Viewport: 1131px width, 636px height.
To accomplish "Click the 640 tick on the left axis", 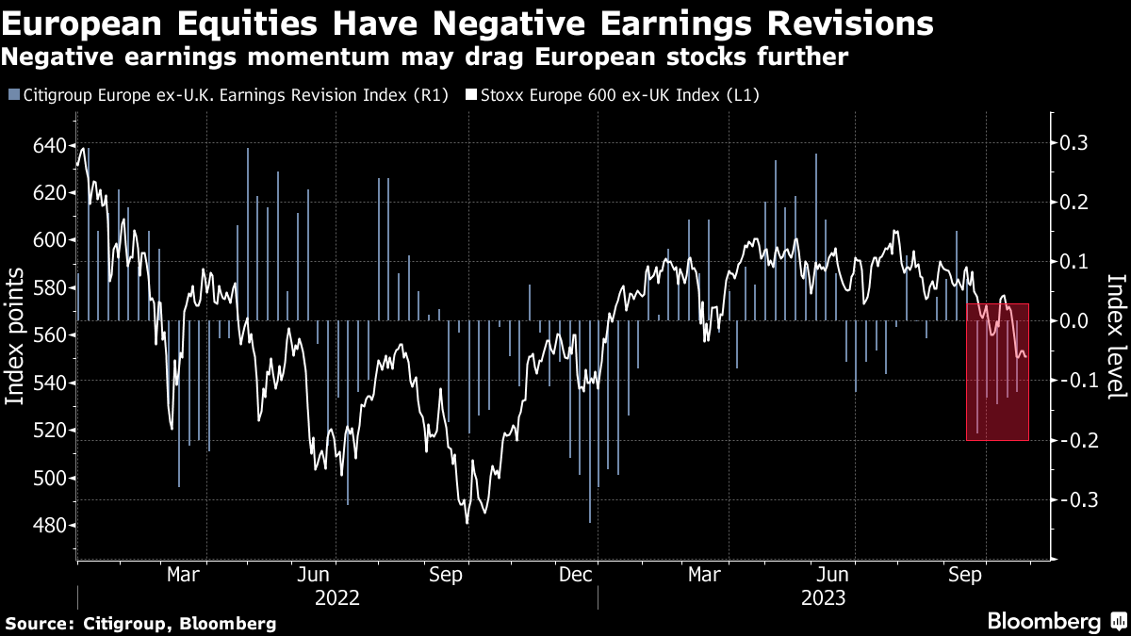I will click(51, 145).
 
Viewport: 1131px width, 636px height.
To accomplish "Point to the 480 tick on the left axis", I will click(51, 526).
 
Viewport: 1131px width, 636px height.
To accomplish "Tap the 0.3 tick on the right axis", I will click(1074, 142).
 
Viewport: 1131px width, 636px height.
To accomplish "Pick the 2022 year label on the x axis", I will click(337, 597).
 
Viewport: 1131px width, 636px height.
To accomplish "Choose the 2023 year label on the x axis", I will click(822, 597).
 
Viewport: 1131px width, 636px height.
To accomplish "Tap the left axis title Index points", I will click(16, 336).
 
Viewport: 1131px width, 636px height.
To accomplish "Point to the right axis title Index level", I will click(1116, 336).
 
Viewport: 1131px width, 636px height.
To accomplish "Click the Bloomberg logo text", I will click(1043, 621).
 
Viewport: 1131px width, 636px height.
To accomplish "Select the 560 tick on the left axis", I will click(51, 335).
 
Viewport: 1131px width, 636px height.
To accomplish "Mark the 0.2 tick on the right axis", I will click(1074, 203).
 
